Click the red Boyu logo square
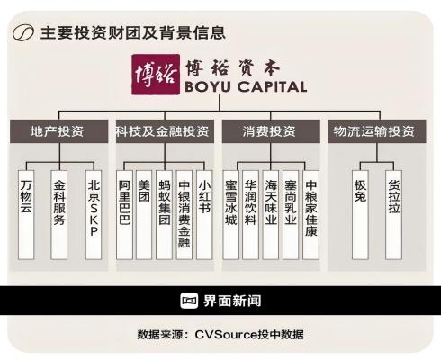[156, 74]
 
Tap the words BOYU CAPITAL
[246, 87]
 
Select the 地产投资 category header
[58, 131]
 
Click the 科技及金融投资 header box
[165, 131]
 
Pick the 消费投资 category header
[271, 131]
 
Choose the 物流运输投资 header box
[377, 131]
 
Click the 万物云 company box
[26, 215]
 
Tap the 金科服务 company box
[59, 215]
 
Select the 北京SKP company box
[94, 215]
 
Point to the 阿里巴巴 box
[124, 215]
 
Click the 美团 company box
[144, 215]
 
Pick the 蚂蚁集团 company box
[164, 215]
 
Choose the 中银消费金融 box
[184, 215]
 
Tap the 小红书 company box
[204, 215]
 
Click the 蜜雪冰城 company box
[231, 215]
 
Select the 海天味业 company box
[271, 215]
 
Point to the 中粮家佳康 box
[310, 215]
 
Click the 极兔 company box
[360, 215]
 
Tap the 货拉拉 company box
[393, 215]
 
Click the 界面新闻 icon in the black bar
[189, 301]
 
